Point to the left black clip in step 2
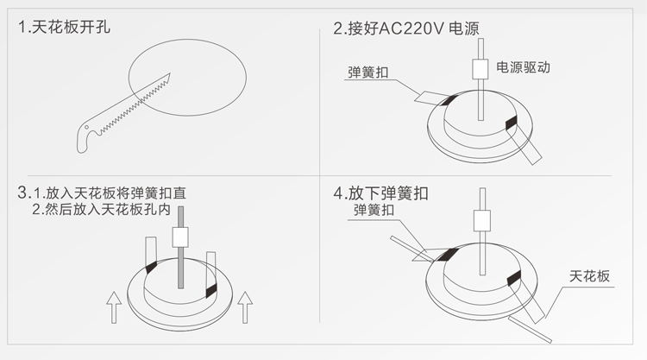pyautogui.click(x=449, y=99)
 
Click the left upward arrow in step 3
pyautogui.click(x=111, y=306)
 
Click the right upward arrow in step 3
pyautogui.click(x=246, y=306)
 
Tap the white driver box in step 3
pyautogui.click(x=181, y=237)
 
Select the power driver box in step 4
pyautogui.click(x=480, y=223)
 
